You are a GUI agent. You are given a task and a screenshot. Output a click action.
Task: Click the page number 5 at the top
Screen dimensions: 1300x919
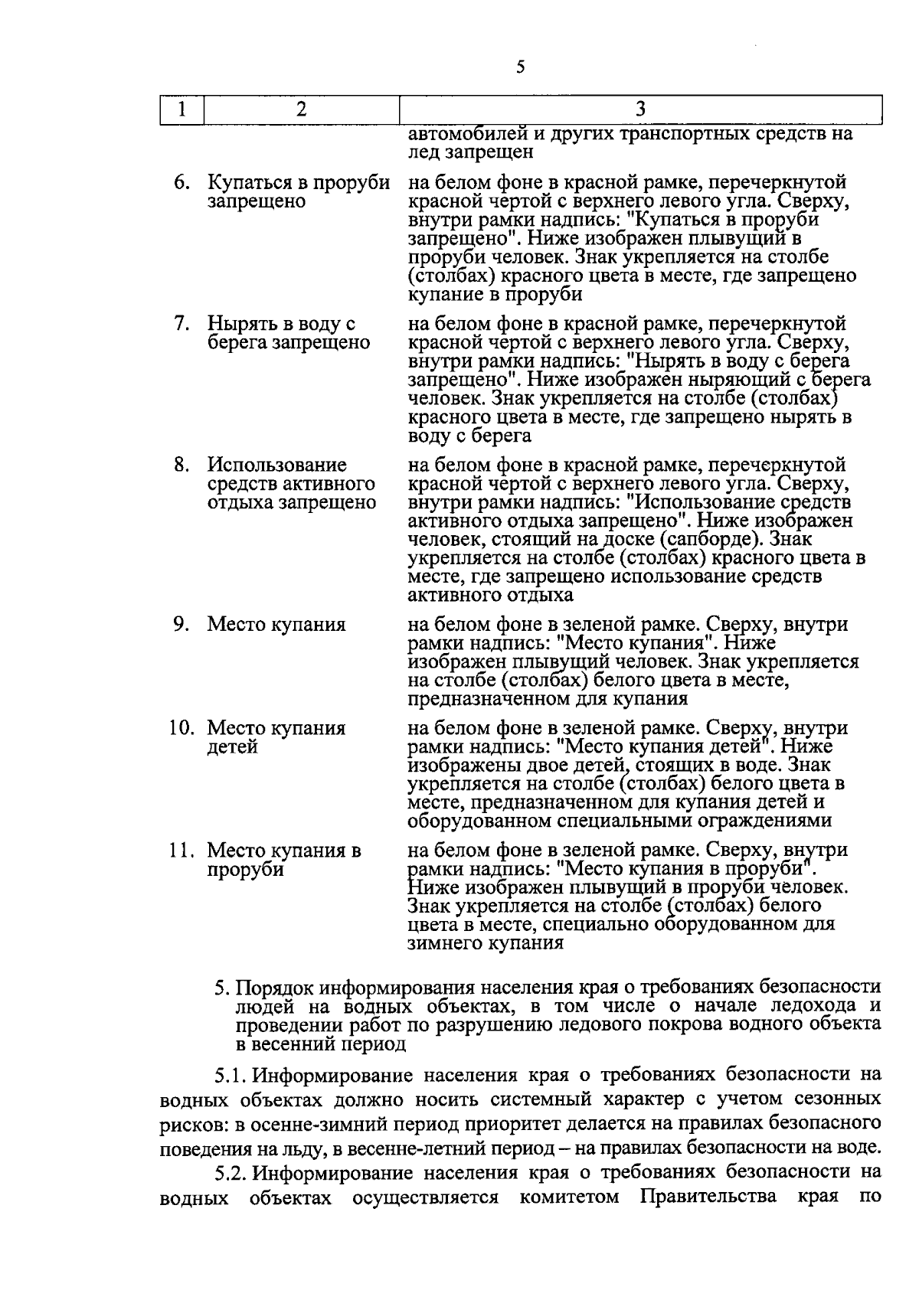(521, 67)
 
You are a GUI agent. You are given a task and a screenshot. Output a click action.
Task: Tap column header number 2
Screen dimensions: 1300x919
(301, 109)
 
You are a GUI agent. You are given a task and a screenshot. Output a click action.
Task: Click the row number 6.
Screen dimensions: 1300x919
(181, 183)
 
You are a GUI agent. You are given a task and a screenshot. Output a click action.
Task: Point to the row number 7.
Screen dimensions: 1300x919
(181, 324)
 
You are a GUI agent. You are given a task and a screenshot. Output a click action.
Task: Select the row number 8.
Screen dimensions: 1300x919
(181, 465)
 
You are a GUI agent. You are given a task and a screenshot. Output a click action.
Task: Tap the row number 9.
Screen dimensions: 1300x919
(181, 624)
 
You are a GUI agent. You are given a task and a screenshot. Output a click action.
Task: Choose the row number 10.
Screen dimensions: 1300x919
(181, 728)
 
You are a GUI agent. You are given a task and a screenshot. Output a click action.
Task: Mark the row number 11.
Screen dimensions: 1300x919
(181, 851)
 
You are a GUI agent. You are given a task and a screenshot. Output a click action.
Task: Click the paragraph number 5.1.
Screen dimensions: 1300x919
(231, 1075)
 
